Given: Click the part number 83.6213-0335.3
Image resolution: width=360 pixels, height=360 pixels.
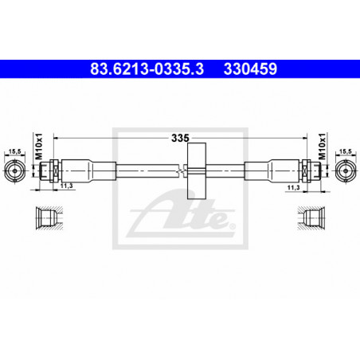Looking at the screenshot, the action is [147, 68].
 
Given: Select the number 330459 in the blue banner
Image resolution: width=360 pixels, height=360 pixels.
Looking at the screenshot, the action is [250, 68].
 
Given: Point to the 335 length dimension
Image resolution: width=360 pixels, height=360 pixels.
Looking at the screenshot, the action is [180, 138].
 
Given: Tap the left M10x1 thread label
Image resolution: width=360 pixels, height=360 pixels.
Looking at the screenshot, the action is [39, 147].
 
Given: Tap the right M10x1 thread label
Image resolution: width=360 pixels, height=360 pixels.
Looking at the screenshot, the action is [322, 147].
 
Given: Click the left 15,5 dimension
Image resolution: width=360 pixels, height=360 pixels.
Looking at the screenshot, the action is [15, 151].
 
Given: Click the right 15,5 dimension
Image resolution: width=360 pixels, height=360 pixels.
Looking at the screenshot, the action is [346, 151].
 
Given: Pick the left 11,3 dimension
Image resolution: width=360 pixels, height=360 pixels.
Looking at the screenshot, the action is [66, 186].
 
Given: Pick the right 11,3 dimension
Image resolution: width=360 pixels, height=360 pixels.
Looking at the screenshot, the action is [293, 187].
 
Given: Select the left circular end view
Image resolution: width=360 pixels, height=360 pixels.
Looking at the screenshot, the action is [15, 170].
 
